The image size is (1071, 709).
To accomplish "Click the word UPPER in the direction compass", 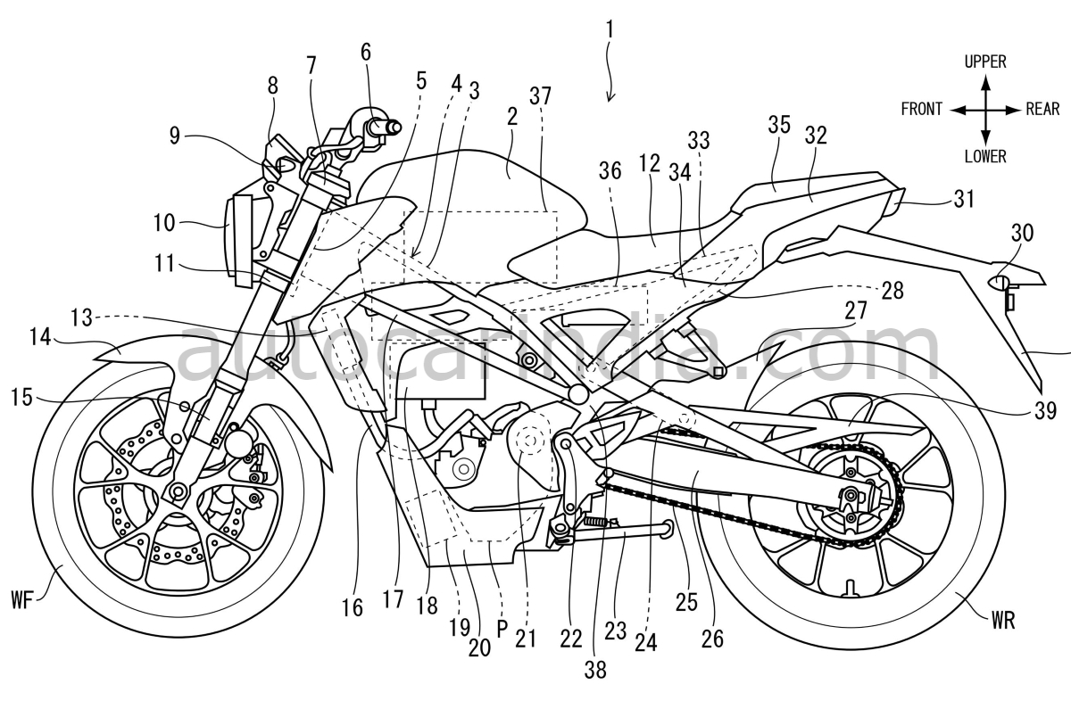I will coord(985,62).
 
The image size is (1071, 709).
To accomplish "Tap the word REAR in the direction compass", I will coord(1042,110).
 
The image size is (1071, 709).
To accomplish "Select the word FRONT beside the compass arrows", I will coord(922,110).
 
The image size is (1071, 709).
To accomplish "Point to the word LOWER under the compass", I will coord(985,157).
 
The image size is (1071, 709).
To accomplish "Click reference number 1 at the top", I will coord(610,29).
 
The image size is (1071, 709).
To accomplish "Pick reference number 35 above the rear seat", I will coord(778,126).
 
